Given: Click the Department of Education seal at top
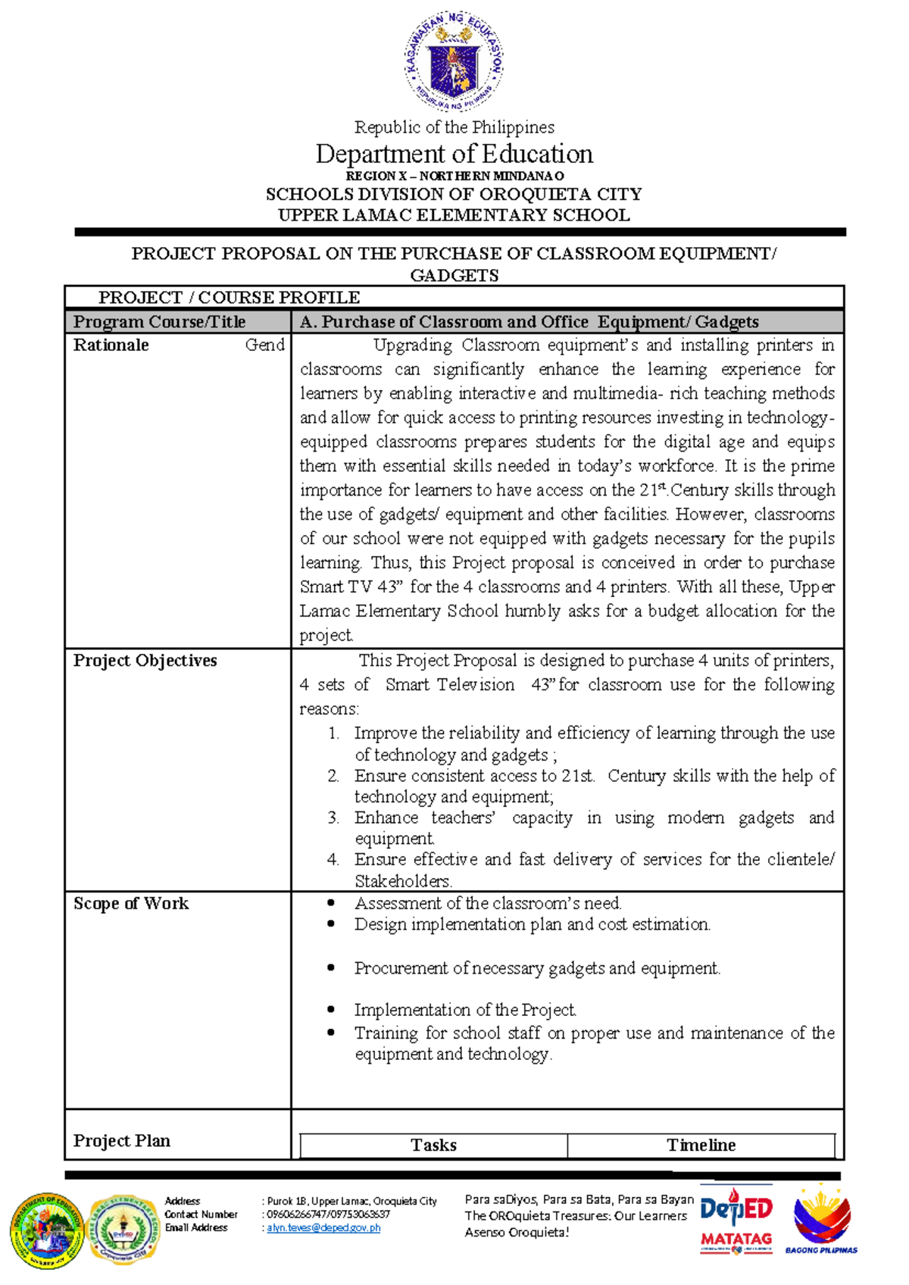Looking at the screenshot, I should pos(454,61).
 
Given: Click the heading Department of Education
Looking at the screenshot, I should pos(454,155).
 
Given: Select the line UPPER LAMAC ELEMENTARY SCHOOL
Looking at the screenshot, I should pos(454,215).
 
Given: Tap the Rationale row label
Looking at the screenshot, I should pos(111,345).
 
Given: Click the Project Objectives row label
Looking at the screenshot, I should pos(145,661).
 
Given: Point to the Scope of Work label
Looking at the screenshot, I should pos(130,903).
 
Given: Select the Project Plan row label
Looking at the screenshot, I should pos(121,1140).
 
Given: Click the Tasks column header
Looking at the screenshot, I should pos(433,1145).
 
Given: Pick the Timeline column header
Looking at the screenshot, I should pos(701,1145).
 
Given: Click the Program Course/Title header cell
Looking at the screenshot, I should pos(159,322).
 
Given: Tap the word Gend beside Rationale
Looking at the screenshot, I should pos(264,345).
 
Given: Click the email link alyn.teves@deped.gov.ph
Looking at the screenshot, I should pos(323,1228).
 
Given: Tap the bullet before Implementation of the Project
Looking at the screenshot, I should pos(331,1009).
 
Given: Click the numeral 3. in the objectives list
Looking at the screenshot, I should pos(333,818).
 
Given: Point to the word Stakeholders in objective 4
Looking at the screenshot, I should pos(403,881).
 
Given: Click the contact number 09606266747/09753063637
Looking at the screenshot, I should pos(328,1215).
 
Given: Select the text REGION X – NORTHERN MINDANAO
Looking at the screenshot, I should pos(454,176).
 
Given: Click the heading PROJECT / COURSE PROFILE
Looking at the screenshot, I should pos(229,298).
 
